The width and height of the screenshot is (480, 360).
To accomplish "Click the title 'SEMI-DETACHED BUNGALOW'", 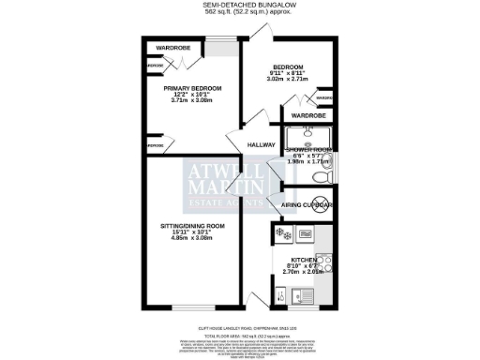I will pyautogui.click(x=239, y=5).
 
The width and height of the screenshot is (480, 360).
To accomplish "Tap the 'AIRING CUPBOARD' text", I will pyautogui.click(x=307, y=204).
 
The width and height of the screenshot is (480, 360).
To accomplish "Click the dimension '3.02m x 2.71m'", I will pyautogui.click(x=289, y=82).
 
